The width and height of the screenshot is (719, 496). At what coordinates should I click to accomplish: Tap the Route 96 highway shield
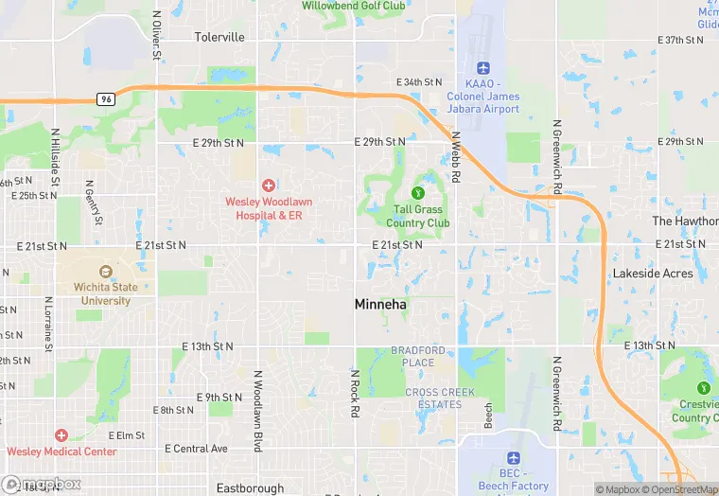pyautogui.click(x=104, y=98)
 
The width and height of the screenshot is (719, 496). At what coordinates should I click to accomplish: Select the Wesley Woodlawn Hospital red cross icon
pyautogui.click(x=269, y=184)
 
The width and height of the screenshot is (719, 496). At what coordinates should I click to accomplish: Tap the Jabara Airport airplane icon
pyautogui.click(x=484, y=67)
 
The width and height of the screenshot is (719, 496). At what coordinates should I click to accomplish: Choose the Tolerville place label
pyautogui.click(x=219, y=38)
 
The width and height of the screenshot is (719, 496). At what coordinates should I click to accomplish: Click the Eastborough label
pyautogui.click(x=250, y=488)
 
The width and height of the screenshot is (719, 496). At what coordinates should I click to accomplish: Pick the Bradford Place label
pyautogui.click(x=418, y=357)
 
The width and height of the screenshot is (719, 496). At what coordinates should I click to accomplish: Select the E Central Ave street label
pyautogui.click(x=197, y=449)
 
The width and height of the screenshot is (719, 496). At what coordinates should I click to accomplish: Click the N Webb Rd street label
pyautogui.click(x=455, y=157)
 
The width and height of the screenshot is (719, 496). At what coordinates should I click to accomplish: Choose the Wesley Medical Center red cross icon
pyautogui.click(x=61, y=435)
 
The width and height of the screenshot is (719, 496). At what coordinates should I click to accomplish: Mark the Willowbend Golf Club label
pyautogui.click(x=353, y=6)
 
